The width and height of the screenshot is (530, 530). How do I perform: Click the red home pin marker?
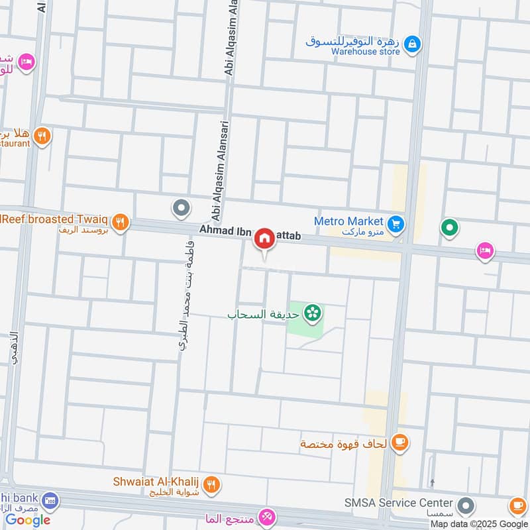click(264, 238)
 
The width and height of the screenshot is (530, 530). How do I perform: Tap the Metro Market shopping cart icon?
click(396, 224)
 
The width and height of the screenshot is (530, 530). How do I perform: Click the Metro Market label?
click(348, 221)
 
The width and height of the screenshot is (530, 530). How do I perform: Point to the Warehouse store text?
click(366, 51)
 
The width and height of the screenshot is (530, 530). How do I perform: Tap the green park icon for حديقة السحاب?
click(312, 312)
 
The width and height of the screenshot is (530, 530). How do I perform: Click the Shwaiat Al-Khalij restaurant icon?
click(211, 484)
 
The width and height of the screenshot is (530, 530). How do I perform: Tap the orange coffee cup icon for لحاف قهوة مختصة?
click(399, 442)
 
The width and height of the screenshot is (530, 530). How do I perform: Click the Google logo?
click(28, 519)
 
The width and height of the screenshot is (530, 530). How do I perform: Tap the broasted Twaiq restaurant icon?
click(119, 222)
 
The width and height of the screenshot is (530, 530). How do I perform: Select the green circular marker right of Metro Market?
click(450, 229)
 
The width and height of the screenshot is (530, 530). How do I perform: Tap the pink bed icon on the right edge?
click(484, 251)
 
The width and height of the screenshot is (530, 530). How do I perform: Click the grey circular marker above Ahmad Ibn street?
click(180, 209)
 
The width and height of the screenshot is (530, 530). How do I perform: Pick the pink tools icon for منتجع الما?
click(266, 517)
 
